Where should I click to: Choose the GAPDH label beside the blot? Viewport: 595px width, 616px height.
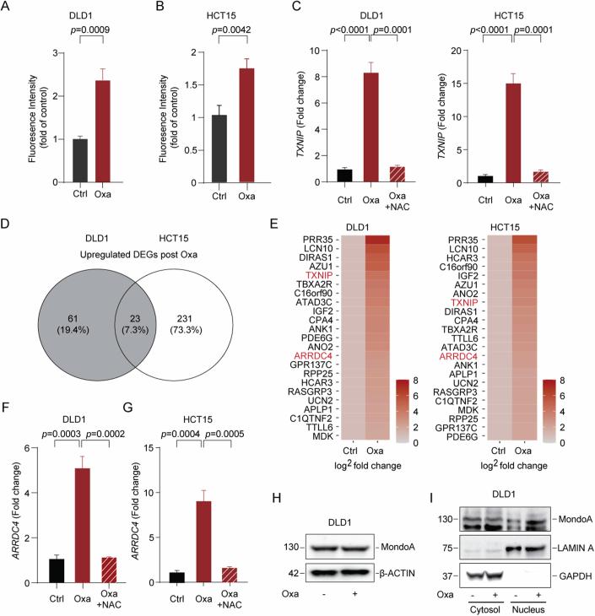pyautogui.click(x=569, y=576)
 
